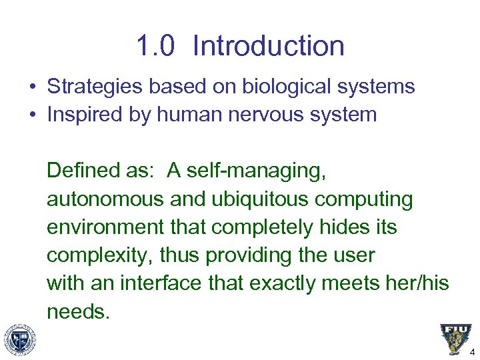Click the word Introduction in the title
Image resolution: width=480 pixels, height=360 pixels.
pos(269,47)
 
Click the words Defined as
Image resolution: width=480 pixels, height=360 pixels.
pos(100,171)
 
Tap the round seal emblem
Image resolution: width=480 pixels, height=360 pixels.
pos(19,339)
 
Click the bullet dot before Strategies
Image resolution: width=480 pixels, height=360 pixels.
pos(33,87)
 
